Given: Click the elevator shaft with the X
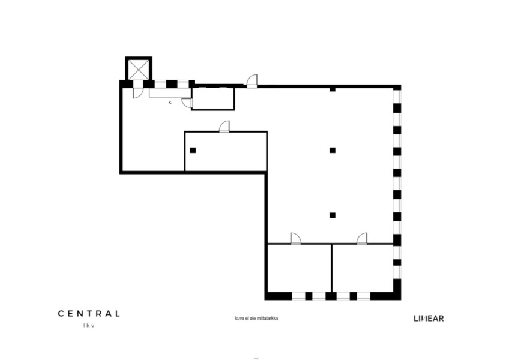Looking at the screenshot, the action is pos(139,69).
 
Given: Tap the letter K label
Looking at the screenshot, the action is pos(170,103).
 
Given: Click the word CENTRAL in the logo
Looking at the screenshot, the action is pos(89,314).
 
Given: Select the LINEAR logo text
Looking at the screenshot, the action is pos(429,319).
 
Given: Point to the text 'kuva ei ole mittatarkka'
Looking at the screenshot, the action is pos(256,318).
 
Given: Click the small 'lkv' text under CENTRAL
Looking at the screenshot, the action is pos(89,325).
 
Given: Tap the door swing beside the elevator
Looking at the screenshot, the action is pos(137,93).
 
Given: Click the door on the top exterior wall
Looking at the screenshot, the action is pos(251,81).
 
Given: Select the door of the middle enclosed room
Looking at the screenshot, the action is pos(224,127).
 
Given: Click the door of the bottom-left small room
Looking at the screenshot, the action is pos(295,239).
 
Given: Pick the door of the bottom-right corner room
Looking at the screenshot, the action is pos(362,239).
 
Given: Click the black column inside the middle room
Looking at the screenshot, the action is pos(193,151).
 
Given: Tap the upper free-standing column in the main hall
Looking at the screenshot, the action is pos(333,151).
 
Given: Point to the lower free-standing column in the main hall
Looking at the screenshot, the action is pos(333,215).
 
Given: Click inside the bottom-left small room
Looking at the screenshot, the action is pos(300,268).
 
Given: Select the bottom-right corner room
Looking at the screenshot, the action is pos(363,268).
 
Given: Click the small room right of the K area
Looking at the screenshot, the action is pos(213,99).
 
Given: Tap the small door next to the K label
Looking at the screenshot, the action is pos(187,103).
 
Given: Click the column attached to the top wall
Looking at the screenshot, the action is pos(333,89).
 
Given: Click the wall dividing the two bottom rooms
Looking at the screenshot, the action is pos(332,268).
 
